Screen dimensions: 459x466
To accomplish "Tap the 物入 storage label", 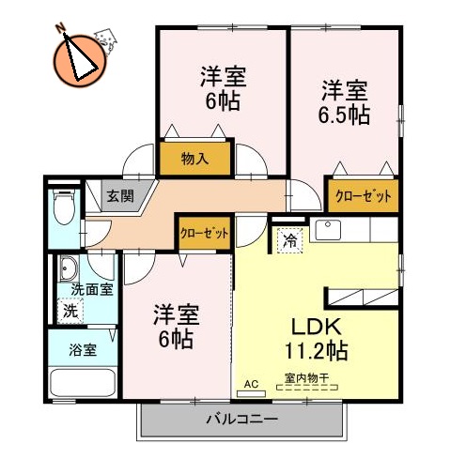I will (x=194, y=160).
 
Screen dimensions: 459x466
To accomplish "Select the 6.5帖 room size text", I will (x=345, y=116).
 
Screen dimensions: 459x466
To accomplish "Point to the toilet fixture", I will (x=64, y=210).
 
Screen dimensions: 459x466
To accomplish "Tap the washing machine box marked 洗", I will (x=70, y=310).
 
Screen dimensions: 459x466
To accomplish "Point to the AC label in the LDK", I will (x=250, y=384).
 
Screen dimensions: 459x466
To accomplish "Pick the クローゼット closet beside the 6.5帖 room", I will (x=361, y=195).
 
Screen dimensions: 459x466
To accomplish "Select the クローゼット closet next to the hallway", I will (x=204, y=232).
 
